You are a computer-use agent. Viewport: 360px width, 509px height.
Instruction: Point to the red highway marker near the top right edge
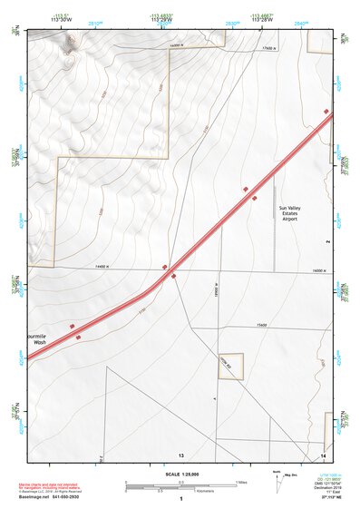click(326, 111)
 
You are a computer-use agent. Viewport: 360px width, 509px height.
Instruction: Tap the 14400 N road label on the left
click(101, 266)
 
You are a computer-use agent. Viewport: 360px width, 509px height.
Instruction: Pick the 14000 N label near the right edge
click(318, 271)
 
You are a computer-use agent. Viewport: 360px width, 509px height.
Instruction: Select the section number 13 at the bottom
click(180, 453)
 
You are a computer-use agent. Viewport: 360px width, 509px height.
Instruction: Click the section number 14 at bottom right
click(324, 453)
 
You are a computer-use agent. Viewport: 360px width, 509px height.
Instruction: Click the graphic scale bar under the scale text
click(180, 486)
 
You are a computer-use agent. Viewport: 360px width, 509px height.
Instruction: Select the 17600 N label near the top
click(268, 48)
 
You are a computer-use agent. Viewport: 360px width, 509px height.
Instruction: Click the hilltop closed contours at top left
click(65, 50)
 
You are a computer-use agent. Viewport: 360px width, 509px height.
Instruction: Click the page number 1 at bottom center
click(181, 499)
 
